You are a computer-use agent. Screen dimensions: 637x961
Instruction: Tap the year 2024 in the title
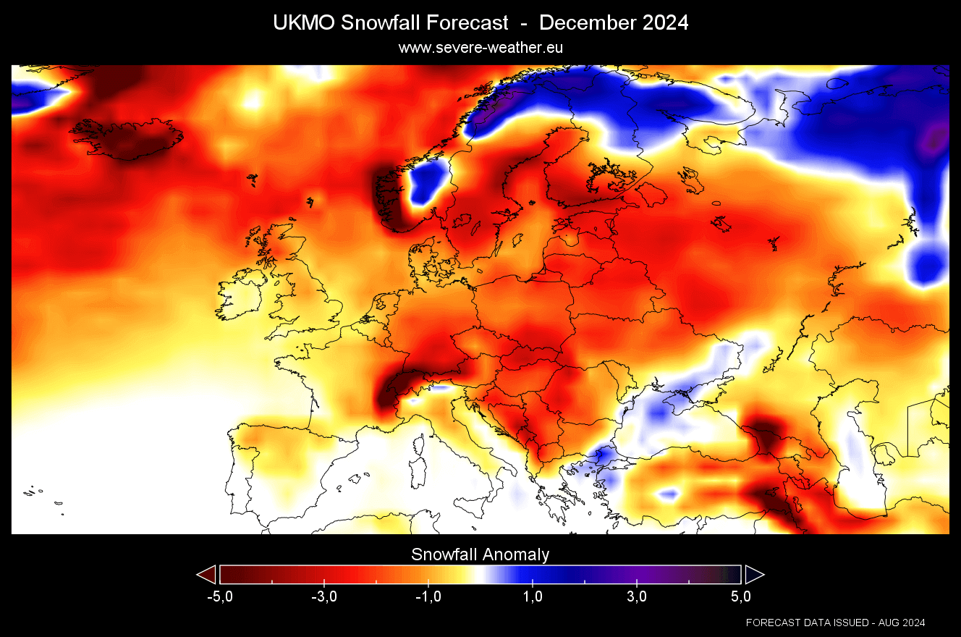[x=664, y=23]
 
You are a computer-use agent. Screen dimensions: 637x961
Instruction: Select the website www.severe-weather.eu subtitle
[x=480, y=47]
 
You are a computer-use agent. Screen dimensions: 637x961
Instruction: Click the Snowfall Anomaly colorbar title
[x=480, y=555]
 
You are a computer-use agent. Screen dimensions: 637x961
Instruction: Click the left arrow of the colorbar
[x=206, y=575]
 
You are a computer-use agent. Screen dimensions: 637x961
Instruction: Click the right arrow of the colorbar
[x=755, y=575]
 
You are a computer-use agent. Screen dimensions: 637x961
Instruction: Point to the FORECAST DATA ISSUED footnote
[x=835, y=623]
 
